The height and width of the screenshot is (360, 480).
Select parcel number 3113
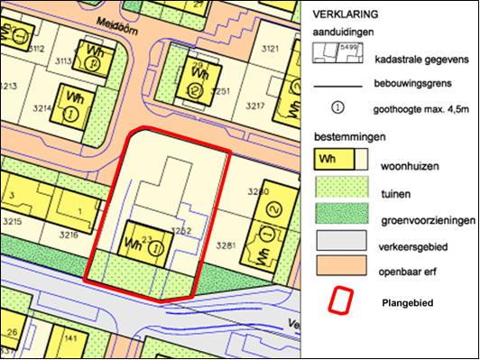64,61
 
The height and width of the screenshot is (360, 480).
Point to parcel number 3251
222,91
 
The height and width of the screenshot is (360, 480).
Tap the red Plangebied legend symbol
339,300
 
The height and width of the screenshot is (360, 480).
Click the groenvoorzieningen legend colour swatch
339,214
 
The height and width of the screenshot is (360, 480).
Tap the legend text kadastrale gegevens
417,60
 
